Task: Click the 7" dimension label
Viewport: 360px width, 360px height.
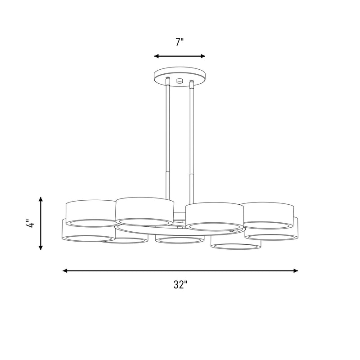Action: [x=180, y=42]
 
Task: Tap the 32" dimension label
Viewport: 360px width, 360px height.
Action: [x=180, y=285]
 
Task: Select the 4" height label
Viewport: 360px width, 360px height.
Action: [x=30, y=223]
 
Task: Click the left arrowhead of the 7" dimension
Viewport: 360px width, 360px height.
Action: [x=157, y=56]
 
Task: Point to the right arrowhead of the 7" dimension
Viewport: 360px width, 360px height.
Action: [x=203, y=56]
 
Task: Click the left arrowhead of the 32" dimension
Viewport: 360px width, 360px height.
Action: [x=65, y=271]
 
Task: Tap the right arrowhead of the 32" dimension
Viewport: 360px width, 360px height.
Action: [x=296, y=271]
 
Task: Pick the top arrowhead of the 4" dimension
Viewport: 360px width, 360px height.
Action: [x=40, y=199]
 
